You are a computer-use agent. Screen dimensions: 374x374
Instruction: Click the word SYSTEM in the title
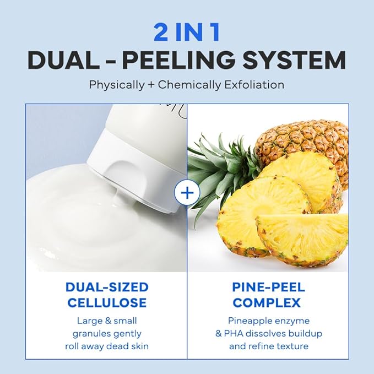point(301,61)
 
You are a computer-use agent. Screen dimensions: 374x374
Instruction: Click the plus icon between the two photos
point(186,193)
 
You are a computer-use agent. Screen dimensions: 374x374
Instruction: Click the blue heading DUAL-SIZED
point(106,287)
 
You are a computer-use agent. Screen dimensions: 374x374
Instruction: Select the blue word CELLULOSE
point(106,302)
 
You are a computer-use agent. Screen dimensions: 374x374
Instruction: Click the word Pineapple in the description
point(248,320)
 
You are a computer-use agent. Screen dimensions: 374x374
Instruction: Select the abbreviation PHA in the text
point(246,333)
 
